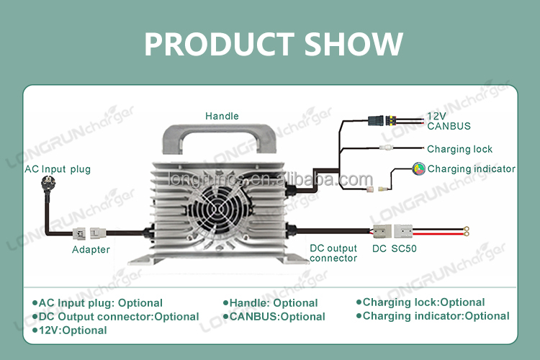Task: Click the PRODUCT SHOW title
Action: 273,44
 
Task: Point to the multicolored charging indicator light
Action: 418,169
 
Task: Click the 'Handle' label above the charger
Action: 222,116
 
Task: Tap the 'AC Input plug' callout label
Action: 58,169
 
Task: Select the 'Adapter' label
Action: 91,250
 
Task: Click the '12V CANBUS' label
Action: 449,121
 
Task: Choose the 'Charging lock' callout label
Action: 459,149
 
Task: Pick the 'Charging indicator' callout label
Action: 471,169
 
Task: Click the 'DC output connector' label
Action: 333,253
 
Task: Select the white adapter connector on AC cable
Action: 90,233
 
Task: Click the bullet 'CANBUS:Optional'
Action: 277,317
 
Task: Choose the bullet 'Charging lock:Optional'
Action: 423,302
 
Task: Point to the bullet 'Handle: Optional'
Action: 274,303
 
